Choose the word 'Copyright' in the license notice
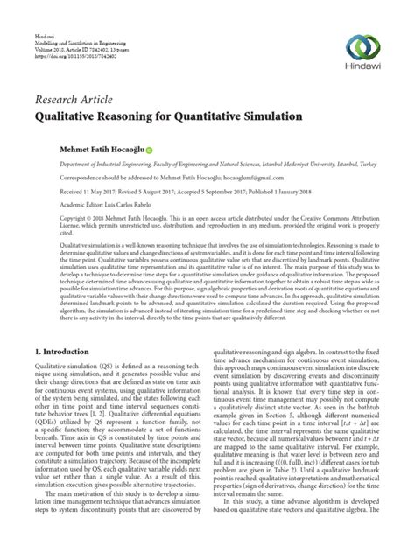(x=52, y=213)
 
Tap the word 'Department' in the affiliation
(x=54, y=164)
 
